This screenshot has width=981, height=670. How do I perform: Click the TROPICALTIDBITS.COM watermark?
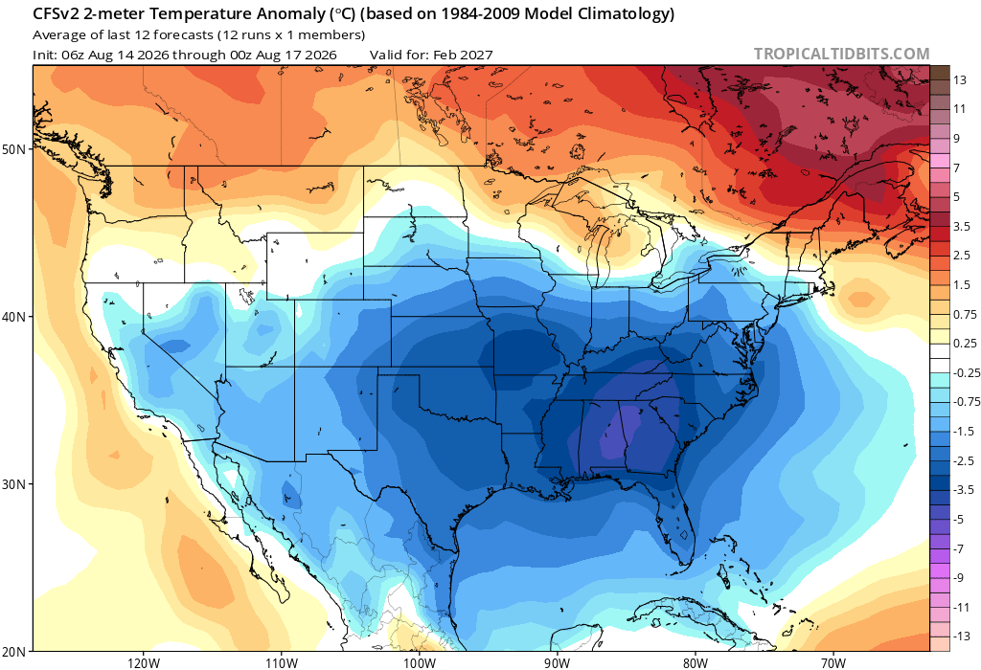tap(841, 55)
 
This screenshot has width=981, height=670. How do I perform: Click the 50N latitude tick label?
tap(13, 150)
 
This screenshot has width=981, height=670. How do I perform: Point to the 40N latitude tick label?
tap(13, 317)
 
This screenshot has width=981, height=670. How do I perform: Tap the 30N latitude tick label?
tap(13, 484)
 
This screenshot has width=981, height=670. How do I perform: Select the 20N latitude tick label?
tap(13, 651)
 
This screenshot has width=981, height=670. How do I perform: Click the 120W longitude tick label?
tap(144, 662)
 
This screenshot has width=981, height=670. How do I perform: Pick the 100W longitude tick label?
tap(420, 662)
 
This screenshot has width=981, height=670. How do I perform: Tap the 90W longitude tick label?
tap(557, 662)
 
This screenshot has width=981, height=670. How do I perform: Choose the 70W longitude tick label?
tap(833, 662)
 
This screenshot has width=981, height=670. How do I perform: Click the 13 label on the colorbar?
tap(959, 80)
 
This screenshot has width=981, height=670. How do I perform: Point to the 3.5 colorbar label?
tap(962, 226)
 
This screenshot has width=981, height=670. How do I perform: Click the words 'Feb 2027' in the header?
tap(461, 55)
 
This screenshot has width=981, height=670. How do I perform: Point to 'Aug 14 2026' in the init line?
tap(127, 55)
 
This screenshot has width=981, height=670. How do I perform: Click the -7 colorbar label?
tap(958, 548)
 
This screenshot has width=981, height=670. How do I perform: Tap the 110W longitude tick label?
tap(281, 662)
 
